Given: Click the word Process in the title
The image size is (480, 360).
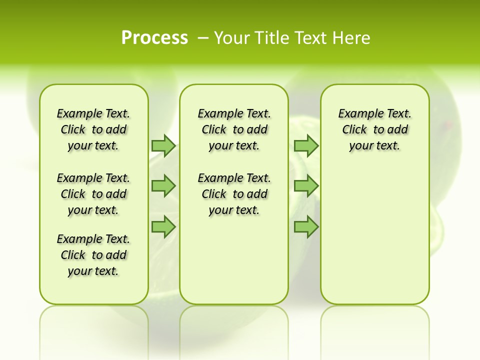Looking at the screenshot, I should [154, 38].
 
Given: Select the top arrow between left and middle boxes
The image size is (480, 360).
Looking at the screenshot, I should [163, 145].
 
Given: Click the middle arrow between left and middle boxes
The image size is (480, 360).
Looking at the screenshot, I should [163, 186].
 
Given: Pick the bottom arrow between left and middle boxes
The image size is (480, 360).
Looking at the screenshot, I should [163, 226].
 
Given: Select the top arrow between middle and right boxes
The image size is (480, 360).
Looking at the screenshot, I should [306, 145].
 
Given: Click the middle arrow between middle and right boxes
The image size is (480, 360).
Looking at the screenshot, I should [306, 186].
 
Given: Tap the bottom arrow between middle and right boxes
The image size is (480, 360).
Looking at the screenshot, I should [306, 226].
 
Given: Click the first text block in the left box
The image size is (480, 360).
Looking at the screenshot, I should [93, 129].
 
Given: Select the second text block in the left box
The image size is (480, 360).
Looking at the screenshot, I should [93, 194].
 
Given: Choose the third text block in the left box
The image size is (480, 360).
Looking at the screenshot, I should [93, 255].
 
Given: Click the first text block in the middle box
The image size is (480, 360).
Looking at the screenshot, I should [234, 129].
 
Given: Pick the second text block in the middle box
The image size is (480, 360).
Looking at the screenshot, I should [234, 194].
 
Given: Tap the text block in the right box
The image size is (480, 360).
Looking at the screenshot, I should [375, 129].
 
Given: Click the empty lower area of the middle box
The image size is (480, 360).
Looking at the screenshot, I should [234, 260].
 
